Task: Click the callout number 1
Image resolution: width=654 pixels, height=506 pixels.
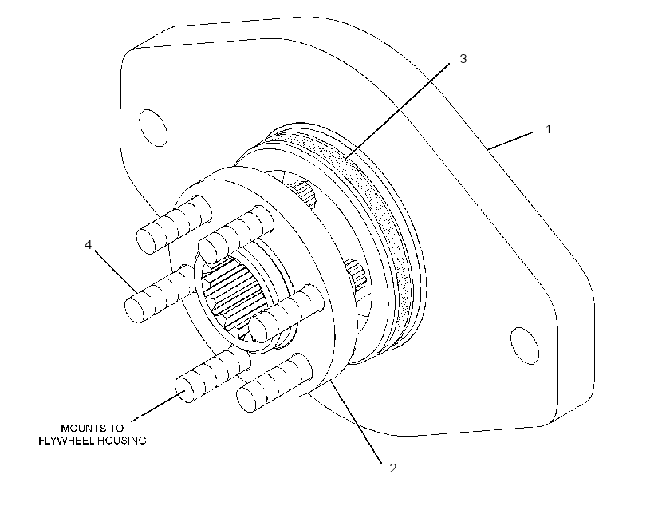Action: pos(549,129)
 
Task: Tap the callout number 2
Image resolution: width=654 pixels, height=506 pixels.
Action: pos(393,468)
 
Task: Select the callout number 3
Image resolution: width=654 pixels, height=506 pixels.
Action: pos(463,59)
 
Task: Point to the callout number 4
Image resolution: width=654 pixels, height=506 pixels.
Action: pos(88,245)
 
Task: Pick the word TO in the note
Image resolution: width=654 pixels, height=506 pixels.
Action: pos(116,429)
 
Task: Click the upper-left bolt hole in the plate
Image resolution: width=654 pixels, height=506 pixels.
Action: pos(152,128)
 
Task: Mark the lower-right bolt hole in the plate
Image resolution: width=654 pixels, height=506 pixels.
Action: pos(524,346)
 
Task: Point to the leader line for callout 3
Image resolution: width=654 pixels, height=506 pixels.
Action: pos(397,111)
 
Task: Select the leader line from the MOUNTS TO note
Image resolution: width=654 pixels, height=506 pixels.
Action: pos(159,405)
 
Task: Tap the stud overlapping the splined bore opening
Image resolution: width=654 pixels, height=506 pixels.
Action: pos(287,314)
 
